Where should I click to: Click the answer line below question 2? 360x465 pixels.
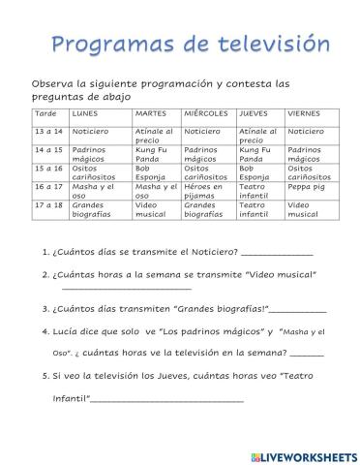(126, 288)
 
